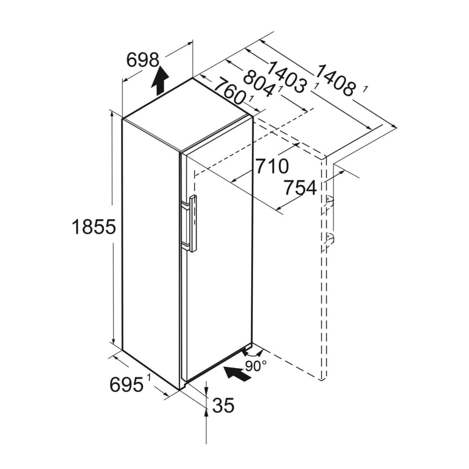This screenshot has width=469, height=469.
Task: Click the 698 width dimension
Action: click(143, 60)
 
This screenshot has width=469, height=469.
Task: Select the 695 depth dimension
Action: click(126, 385)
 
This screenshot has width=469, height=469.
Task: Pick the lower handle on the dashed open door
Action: click(330, 238)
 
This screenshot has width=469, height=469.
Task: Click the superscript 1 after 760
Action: click(251, 98)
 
